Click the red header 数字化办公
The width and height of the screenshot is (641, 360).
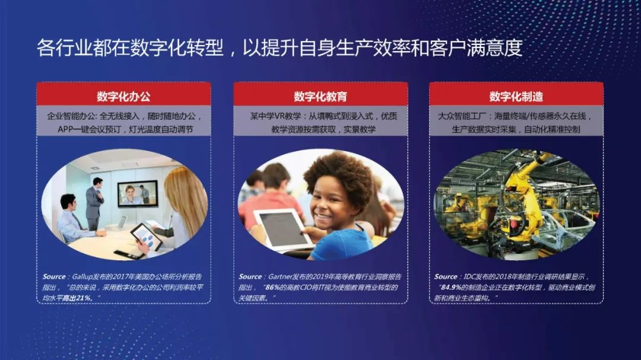(123, 96)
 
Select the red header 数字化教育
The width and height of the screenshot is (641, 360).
(320, 96)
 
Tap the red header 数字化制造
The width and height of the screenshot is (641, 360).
(516, 96)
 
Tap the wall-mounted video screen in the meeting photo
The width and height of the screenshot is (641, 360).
(138, 193)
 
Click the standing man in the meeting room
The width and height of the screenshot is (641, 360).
(95, 202)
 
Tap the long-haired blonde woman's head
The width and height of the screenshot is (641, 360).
(181, 190)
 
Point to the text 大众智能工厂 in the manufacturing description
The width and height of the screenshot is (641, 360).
(461, 116)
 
